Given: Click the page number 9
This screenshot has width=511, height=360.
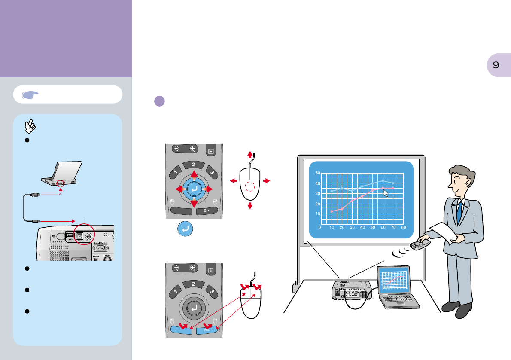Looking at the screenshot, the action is (x=496, y=65).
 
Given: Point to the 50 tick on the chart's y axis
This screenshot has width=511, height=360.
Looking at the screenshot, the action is (x=318, y=173).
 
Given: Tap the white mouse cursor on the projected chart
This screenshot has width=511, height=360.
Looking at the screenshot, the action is (x=386, y=193).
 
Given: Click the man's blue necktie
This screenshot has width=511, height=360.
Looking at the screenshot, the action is (x=459, y=210).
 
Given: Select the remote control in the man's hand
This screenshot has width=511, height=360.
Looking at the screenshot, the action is (x=420, y=245).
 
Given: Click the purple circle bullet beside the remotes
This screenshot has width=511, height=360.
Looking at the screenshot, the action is (x=159, y=102).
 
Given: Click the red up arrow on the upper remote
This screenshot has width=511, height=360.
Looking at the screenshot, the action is (x=194, y=174).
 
